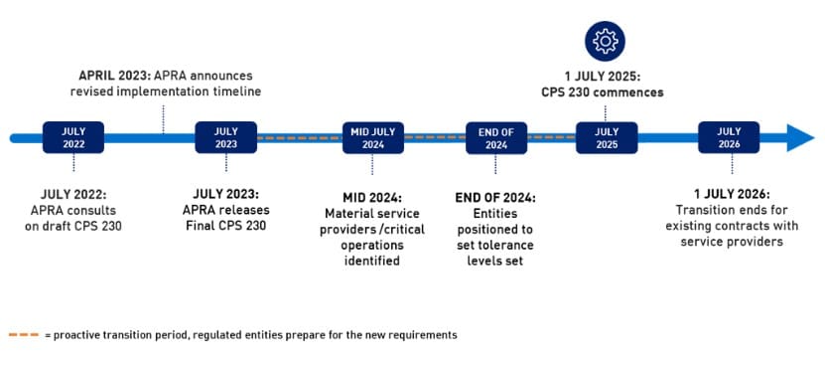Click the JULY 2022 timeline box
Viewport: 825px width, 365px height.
click(73, 137)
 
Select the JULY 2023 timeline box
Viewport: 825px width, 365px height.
click(225, 137)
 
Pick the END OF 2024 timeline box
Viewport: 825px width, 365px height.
click(496, 137)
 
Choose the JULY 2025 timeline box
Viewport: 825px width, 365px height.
click(607, 137)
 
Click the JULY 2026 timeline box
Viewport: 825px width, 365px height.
click(728, 137)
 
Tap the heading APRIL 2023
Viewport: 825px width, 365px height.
click(113, 77)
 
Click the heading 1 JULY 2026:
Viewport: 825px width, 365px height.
click(728, 194)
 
